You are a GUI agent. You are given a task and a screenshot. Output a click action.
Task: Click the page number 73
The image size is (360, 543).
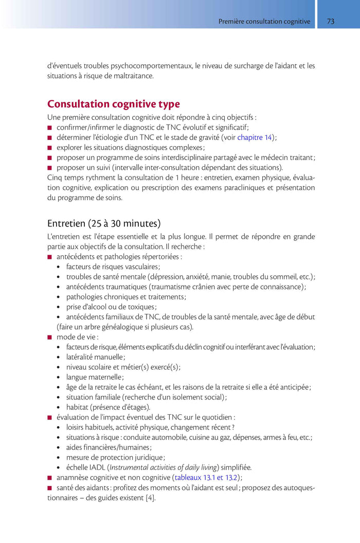click(331, 22)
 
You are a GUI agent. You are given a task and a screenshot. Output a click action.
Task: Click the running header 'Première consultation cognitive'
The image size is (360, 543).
click(264, 22)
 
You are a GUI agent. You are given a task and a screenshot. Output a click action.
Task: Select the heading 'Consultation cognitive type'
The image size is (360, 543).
click(114, 104)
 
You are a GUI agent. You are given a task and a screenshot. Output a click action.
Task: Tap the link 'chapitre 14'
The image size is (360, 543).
click(255, 137)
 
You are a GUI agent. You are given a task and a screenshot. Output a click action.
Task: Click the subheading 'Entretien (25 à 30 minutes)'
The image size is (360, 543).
click(104, 223)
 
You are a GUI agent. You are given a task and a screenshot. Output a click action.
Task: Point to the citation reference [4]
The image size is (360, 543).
click(150, 498)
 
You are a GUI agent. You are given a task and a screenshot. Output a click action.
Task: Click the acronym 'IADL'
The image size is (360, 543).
click(97, 467)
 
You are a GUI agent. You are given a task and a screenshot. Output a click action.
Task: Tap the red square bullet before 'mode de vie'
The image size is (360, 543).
click(50, 337)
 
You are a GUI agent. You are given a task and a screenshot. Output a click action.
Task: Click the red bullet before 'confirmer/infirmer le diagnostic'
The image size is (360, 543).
click(50, 128)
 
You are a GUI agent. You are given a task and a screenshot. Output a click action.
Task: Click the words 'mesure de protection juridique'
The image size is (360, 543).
click(114, 458)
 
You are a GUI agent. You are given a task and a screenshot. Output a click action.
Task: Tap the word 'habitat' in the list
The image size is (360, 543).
click(78, 407)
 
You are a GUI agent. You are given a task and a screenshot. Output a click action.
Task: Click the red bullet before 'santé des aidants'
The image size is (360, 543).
click(50, 488)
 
